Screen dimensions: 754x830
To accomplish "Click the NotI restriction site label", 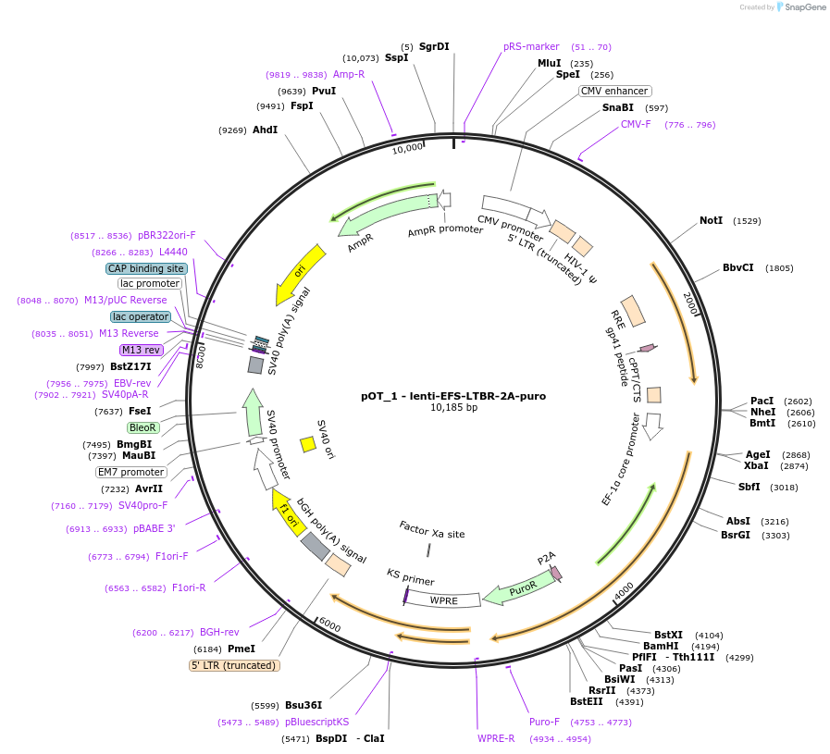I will pyautogui.click(x=711, y=221).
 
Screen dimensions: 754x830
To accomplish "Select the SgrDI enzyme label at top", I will pyautogui.click(x=434, y=46).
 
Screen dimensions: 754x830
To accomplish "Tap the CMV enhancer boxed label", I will pyautogui.click(x=614, y=91).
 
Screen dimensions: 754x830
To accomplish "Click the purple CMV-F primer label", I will pyautogui.click(x=636, y=124).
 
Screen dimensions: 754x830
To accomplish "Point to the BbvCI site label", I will pyautogui.click(x=737, y=268).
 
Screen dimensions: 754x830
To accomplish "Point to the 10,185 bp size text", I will pyautogui.click(x=453, y=408).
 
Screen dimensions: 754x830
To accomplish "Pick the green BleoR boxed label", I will pyautogui.click(x=143, y=427).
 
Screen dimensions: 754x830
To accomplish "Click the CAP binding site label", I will pyautogui.click(x=146, y=268).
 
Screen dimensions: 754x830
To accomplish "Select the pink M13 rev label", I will pyautogui.click(x=142, y=350).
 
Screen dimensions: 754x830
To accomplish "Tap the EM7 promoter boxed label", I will pyautogui.click(x=131, y=472).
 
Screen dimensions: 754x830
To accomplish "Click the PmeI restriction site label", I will pyautogui.click(x=241, y=649).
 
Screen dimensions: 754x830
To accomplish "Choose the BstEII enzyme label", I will pyautogui.click(x=587, y=701).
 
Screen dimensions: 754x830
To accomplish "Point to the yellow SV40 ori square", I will pyautogui.click(x=308, y=445).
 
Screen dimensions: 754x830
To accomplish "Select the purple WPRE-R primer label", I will pyautogui.click(x=496, y=738).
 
